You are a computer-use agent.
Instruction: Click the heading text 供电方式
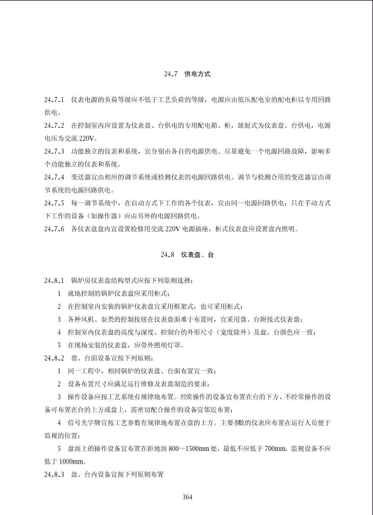[x=197, y=74]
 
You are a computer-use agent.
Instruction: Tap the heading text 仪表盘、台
[x=197, y=255]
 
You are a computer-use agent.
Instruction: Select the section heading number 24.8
[x=167, y=255]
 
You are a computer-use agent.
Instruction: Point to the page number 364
[x=187, y=497]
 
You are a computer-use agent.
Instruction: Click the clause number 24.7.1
[x=54, y=100]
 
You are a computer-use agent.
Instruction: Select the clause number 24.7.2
[x=54, y=126]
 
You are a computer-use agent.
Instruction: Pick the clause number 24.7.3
[x=54, y=151]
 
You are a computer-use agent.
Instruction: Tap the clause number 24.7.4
[x=54, y=177]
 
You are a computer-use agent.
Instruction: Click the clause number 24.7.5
[x=54, y=203]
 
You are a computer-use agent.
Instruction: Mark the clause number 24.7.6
[x=54, y=229]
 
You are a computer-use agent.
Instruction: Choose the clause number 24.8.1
[x=54, y=280]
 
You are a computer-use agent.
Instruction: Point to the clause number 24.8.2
[x=54, y=358]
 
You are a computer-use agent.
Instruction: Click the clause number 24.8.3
[x=54, y=475]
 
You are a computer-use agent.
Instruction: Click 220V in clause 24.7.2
[x=88, y=138]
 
